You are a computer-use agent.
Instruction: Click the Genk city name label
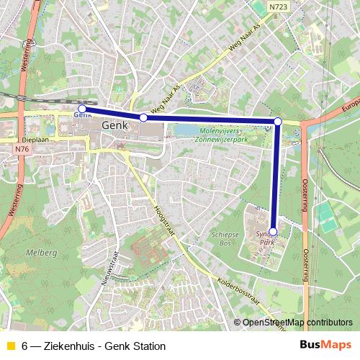(115, 125)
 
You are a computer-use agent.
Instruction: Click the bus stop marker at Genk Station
(82, 109)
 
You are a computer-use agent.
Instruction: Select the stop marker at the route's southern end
(273, 232)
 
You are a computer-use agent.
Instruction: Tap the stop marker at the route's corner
(278, 122)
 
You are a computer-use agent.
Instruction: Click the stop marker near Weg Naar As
(143, 117)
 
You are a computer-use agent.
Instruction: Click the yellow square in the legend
(9, 346)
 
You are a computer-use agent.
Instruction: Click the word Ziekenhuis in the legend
(66, 346)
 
